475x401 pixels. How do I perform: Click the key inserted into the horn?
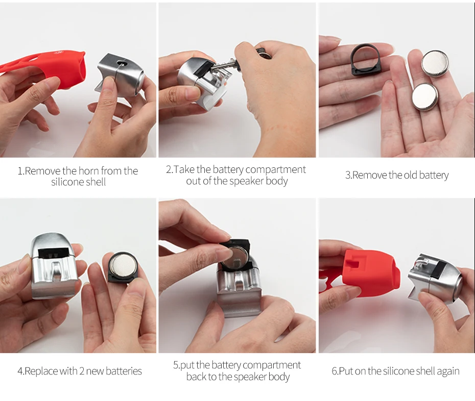[x=230, y=64]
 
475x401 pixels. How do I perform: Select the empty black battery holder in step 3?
[x=366, y=59]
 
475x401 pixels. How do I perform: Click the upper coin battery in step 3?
[x=435, y=64]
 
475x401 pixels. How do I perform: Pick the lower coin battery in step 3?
[x=425, y=97]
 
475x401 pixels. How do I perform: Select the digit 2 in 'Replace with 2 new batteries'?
[x=82, y=371]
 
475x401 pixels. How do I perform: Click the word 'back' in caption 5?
[x=197, y=377]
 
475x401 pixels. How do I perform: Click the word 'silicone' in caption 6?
[x=397, y=371]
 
